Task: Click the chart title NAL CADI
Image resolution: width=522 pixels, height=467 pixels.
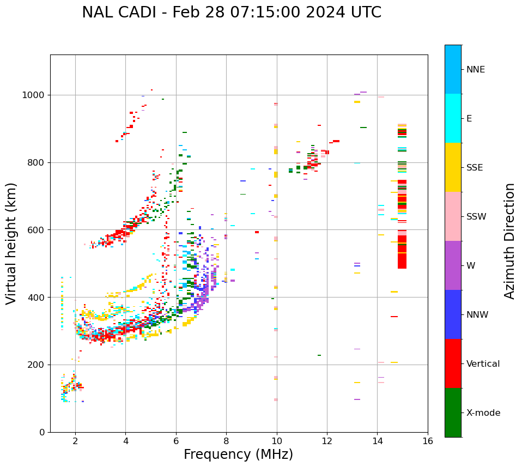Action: click(232, 13)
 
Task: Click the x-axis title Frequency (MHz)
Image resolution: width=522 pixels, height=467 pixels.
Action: click(238, 454)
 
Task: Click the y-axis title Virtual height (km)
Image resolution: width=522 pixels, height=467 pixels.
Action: click(11, 243)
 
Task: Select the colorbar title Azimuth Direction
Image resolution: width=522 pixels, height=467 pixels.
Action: click(509, 240)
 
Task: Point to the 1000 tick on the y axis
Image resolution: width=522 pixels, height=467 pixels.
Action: click(36, 95)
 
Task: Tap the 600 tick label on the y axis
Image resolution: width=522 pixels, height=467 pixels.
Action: click(38, 230)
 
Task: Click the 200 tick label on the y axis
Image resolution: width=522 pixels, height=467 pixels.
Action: click(38, 365)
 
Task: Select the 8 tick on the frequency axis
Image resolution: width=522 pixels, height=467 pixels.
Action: click(226, 440)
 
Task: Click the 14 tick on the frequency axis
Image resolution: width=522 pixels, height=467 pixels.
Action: click(378, 440)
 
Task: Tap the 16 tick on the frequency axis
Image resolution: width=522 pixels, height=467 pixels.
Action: click(428, 440)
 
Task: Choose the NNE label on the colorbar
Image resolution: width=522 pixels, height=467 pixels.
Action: click(475, 70)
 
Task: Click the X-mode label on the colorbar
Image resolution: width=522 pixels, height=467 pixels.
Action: click(483, 413)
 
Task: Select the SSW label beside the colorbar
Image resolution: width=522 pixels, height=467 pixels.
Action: click(476, 217)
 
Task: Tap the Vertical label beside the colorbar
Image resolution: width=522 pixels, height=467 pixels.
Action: click(483, 364)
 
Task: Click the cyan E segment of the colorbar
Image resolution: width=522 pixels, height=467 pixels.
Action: click(453, 118)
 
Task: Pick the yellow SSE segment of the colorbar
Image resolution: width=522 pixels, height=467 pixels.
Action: click(453, 167)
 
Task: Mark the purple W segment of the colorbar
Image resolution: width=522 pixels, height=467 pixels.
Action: click(453, 265)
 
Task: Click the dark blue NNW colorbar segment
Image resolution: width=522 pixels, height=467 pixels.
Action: click(453, 314)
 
